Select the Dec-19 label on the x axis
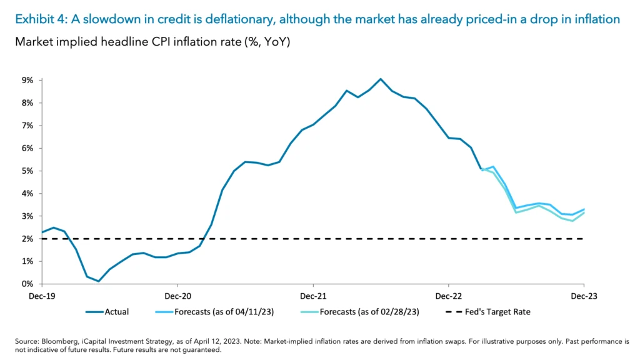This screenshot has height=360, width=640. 41,296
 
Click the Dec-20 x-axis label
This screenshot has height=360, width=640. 177,296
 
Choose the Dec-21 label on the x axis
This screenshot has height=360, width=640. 313,296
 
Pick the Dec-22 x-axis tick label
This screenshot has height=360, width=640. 449,296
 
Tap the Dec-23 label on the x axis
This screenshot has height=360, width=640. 584,296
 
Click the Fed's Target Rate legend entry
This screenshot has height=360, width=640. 497,311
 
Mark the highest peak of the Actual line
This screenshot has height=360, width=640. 381,79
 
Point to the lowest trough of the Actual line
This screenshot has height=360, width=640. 99,281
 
